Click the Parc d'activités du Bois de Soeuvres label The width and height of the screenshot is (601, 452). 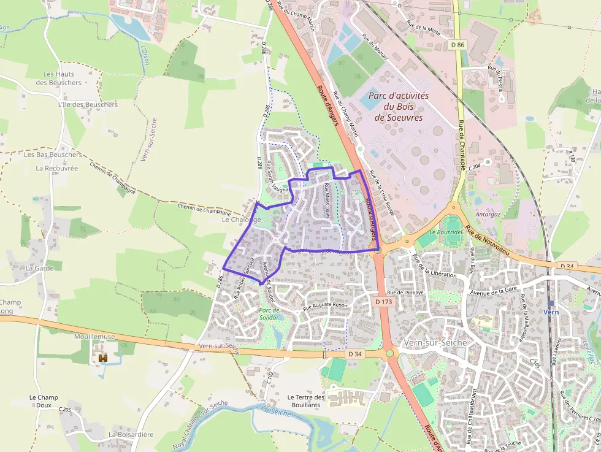[399, 107]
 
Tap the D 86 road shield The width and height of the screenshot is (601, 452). [456, 45]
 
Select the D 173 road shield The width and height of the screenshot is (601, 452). [383, 302]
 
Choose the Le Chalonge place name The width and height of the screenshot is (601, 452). [242, 219]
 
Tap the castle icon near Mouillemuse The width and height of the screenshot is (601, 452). [103, 357]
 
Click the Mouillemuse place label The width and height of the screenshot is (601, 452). [95, 337]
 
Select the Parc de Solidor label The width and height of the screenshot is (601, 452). [268, 314]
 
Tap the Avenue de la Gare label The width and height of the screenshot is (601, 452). [491, 293]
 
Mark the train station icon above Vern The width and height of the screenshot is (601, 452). [550, 303]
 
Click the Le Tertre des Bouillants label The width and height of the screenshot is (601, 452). [304, 401]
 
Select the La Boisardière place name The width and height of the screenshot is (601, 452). [131, 434]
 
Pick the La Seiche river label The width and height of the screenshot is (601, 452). [274, 412]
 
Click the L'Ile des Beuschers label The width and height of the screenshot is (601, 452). [87, 105]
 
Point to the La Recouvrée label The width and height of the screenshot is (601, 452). [56, 168]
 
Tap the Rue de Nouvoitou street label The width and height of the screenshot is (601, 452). [487, 240]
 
